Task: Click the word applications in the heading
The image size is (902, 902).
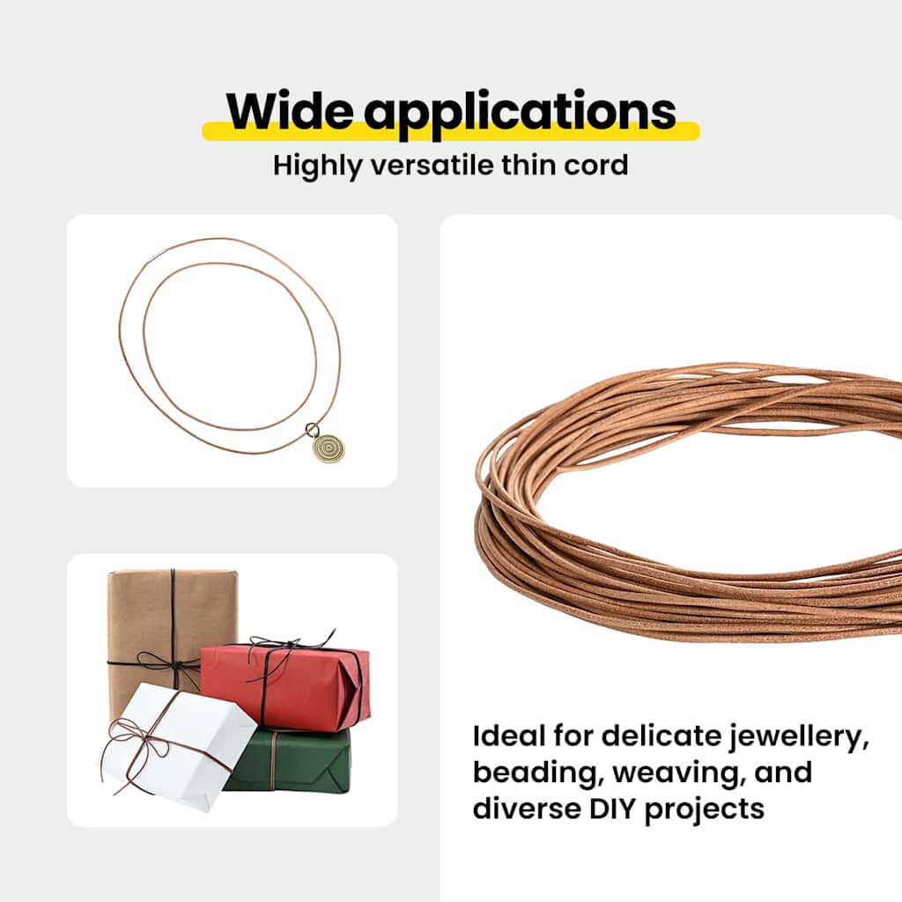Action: (521, 112)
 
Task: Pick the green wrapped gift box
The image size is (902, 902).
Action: (291, 760)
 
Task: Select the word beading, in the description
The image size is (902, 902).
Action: (537, 773)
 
